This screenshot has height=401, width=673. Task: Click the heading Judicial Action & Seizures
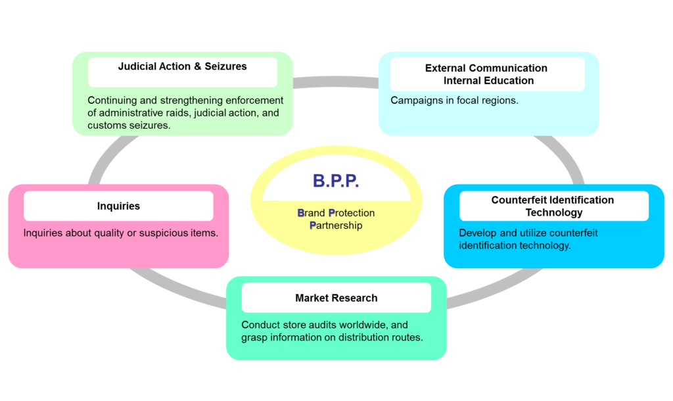(182, 66)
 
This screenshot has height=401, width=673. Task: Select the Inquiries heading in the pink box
(118, 206)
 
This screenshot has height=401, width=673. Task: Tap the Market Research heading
(336, 298)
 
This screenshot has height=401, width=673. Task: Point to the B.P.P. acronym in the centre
(336, 181)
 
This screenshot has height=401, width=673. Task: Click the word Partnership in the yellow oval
(336, 225)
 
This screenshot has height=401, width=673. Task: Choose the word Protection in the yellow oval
(352, 213)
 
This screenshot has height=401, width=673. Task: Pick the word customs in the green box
(106, 126)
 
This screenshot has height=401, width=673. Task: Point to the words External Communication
(486, 68)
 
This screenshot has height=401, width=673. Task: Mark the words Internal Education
(488, 81)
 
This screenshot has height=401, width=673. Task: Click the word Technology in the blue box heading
(553, 212)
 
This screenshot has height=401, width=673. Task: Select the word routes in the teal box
(406, 337)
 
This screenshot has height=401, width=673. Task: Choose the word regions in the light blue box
(499, 101)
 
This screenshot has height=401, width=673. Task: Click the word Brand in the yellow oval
(311, 213)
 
